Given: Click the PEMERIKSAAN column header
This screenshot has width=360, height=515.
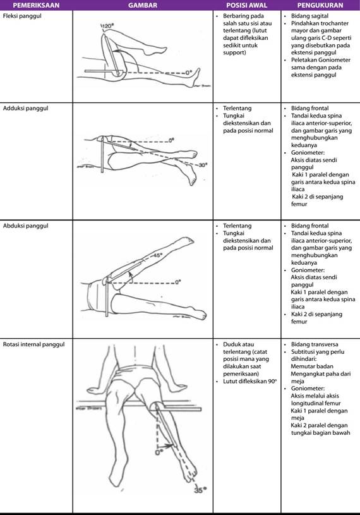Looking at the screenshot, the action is coord(36,5).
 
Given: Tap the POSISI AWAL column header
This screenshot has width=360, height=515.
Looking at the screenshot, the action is coord(247,5).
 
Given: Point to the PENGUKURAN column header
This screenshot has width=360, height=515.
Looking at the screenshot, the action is coord(320,5).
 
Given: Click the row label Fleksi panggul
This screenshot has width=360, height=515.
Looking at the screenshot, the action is coord(22,16).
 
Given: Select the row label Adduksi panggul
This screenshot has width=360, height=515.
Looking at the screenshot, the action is coord(26,109).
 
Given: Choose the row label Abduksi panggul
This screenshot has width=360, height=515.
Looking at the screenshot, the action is coord(26,226).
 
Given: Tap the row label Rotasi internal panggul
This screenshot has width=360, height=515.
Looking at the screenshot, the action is coord(34,344).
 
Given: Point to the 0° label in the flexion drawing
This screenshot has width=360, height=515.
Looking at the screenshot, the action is coord(189,73).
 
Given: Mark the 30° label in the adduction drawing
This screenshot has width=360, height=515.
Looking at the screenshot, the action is coord(203,165).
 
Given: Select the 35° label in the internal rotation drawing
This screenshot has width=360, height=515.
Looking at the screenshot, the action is coord(200,490).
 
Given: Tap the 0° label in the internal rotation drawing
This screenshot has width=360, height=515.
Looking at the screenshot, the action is coord(159,452).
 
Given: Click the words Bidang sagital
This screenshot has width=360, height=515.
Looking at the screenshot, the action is coord(310,16).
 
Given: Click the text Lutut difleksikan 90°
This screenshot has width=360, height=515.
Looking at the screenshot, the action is coord(250,382).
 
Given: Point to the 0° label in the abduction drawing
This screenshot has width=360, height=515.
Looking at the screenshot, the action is coord(178,282).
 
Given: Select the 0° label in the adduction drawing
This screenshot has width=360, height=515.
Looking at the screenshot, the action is coord(171,140).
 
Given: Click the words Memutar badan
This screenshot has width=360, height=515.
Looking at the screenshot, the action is coord(312,367).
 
